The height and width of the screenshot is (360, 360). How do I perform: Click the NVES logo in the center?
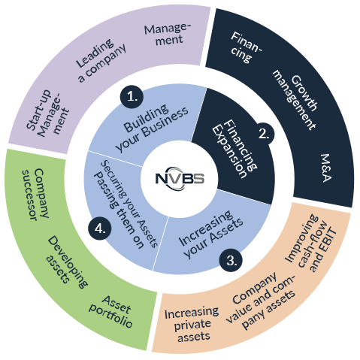pyautogui.click(x=180, y=180)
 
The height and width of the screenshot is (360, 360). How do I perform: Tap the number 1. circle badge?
pyautogui.click(x=132, y=97)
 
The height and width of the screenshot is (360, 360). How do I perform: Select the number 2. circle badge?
pyautogui.click(x=263, y=134)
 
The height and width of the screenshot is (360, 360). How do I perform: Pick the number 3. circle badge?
pyautogui.click(x=233, y=261)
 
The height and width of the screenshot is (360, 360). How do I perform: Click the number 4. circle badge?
pyautogui.click(x=98, y=229)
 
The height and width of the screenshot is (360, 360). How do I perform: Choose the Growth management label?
pyautogui.click(x=295, y=96)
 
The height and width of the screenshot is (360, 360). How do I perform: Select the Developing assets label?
pyautogui.click(x=66, y=262)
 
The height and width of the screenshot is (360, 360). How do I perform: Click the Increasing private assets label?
pyautogui.click(x=190, y=322)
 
